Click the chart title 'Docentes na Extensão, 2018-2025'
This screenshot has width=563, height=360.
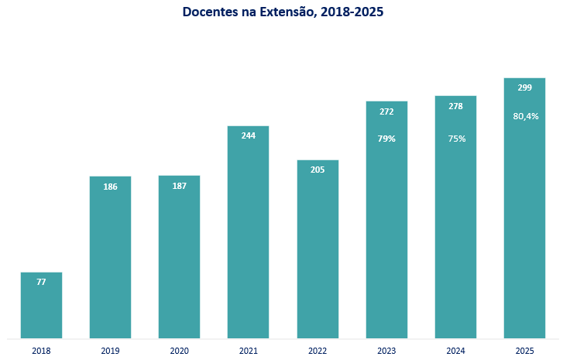[283, 12]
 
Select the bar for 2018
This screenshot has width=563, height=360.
[41, 305]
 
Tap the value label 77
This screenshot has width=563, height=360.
[41, 282]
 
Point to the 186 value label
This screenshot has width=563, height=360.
[110, 187]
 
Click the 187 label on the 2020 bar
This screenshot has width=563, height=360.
[179, 186]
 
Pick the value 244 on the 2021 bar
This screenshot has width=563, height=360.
[248, 135]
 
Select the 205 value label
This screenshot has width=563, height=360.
[318, 170]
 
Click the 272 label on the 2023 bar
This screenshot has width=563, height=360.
[386, 111]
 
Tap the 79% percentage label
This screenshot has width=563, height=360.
[386, 139]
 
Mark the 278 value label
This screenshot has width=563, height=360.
[455, 106]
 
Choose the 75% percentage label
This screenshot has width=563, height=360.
[457, 139]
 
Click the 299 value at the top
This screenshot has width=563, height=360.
[524, 87]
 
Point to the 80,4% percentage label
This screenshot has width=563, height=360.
[526, 116]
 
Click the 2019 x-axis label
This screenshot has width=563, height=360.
[110, 351]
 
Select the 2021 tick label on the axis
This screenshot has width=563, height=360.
[248, 351]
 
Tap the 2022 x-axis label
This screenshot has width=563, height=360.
[318, 351]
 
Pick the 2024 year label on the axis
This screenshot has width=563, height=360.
[455, 351]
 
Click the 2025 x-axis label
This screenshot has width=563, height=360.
[524, 351]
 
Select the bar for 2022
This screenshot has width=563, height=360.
[318, 249]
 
